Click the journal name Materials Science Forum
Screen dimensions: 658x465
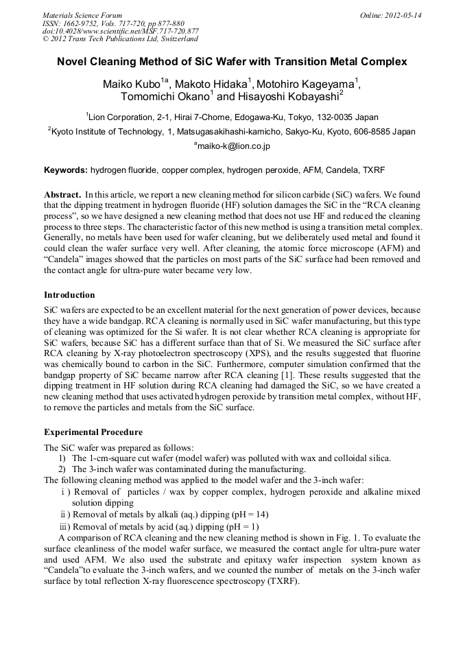82,15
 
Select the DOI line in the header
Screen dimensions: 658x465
121,31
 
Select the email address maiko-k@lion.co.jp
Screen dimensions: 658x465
233,146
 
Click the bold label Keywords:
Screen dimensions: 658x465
66,169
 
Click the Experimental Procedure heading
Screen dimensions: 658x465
93,432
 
